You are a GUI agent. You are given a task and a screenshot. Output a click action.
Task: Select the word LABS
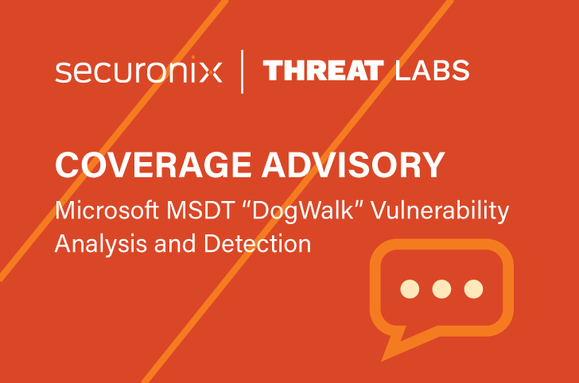432,71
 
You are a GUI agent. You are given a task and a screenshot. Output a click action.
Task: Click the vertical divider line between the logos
242,72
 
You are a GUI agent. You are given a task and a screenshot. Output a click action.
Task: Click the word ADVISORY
353,165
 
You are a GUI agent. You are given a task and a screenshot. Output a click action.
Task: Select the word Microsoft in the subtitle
107,211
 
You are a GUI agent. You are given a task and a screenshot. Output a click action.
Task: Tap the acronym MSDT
200,211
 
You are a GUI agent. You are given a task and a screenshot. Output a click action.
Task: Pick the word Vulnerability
440,211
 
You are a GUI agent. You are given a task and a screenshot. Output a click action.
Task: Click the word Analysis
101,244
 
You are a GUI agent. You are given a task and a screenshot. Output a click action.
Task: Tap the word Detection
258,243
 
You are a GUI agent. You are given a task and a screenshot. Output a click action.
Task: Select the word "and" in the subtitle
175,243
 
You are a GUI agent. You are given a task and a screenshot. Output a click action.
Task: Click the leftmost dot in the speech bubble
410,288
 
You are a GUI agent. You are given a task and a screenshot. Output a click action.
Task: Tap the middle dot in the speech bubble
441,288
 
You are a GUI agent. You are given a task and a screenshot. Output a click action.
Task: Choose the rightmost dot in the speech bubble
473,288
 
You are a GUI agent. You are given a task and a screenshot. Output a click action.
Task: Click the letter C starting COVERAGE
68,165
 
